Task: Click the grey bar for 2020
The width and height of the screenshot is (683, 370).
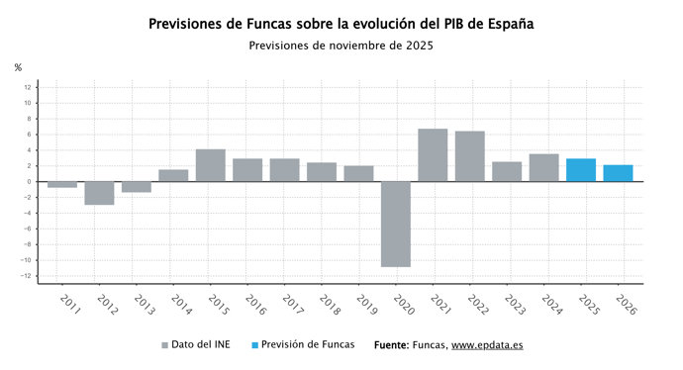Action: (396, 224)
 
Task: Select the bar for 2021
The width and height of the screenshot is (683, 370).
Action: (433, 155)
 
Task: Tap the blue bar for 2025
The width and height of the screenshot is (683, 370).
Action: (581, 170)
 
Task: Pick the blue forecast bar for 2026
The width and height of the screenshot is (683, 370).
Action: (618, 173)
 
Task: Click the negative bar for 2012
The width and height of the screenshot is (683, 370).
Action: (99, 193)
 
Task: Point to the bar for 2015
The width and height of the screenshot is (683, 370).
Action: (210, 165)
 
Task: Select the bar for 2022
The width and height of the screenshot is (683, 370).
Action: (470, 156)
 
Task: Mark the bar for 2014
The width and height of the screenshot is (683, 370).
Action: (173, 175)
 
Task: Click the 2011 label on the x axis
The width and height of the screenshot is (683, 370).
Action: (69, 303)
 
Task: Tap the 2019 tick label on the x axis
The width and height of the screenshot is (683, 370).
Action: (365, 303)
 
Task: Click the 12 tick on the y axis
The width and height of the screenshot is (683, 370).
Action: (28, 87)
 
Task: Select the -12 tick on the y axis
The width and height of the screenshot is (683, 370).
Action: (27, 276)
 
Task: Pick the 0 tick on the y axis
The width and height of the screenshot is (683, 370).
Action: (30, 182)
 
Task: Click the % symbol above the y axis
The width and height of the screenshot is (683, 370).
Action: (18, 67)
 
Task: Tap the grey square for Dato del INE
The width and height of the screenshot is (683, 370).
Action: (165, 346)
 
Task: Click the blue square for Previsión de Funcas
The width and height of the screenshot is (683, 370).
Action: (255, 346)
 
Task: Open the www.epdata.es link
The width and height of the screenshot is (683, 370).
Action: (487, 346)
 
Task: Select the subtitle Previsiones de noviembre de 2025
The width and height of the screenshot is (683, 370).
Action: (341, 45)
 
